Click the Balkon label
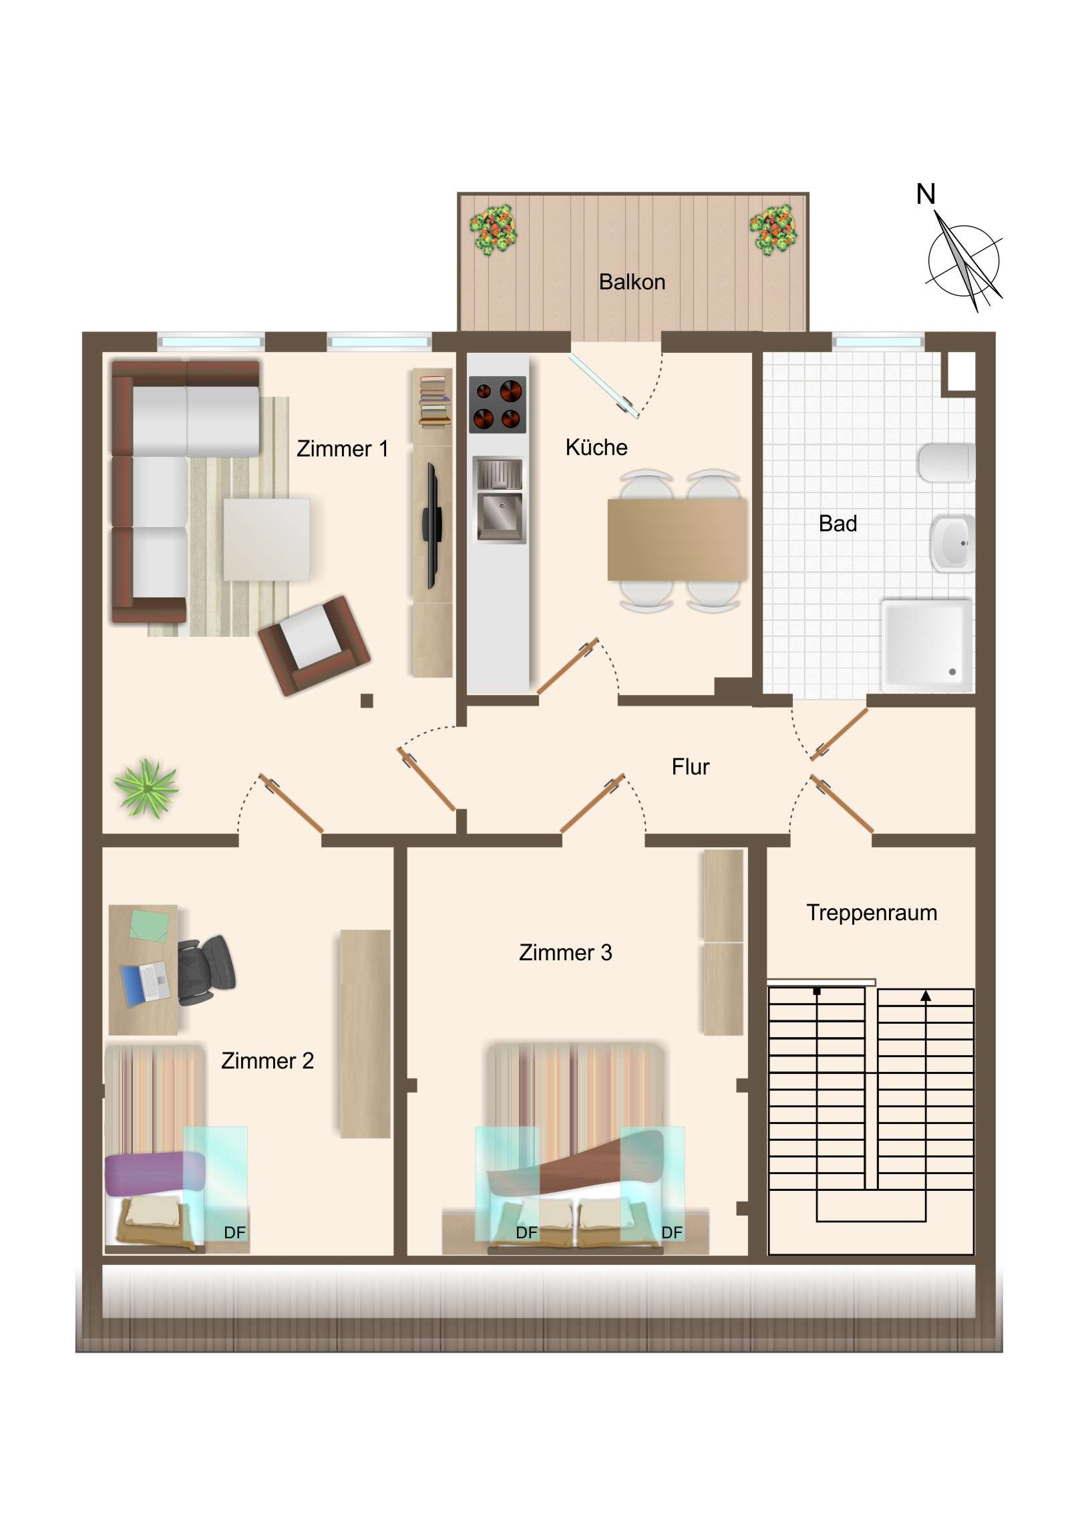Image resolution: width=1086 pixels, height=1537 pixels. (x=632, y=282)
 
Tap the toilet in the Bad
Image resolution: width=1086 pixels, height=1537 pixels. (x=946, y=462)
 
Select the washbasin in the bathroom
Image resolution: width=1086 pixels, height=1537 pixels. (x=952, y=542)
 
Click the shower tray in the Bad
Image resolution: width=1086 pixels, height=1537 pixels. (x=927, y=646)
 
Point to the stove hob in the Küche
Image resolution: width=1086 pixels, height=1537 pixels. (x=497, y=404)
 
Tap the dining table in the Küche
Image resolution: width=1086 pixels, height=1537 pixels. (x=677, y=539)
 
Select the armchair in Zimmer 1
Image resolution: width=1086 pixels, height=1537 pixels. (x=314, y=645)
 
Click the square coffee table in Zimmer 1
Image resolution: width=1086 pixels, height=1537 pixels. (x=266, y=539)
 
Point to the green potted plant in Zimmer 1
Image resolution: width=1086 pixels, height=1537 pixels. (x=146, y=788)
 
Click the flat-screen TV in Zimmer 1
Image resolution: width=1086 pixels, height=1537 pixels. (x=432, y=525)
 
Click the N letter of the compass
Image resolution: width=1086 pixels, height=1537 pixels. (x=925, y=195)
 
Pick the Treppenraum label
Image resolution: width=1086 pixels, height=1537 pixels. (x=871, y=912)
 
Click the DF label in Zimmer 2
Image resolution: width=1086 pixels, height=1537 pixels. (x=235, y=1232)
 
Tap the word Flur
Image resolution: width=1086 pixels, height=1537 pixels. (x=690, y=766)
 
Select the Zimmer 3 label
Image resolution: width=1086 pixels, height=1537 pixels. (x=566, y=952)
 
